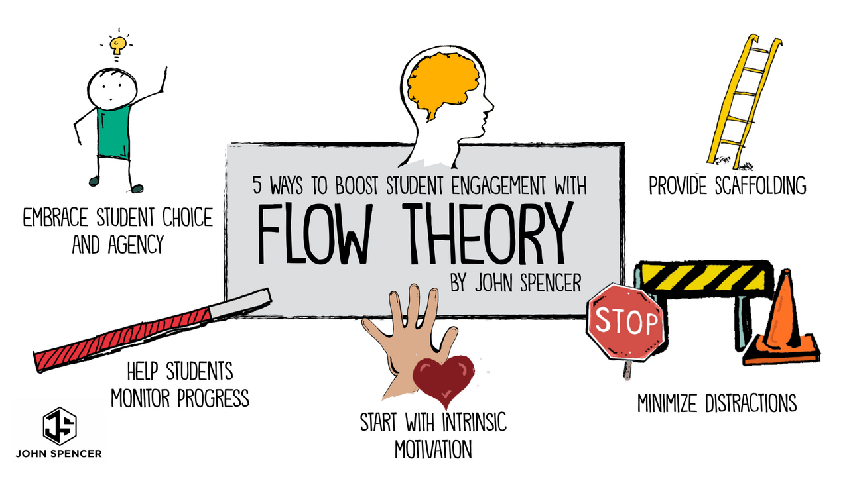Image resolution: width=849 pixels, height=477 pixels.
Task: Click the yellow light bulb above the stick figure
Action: [x=118, y=45]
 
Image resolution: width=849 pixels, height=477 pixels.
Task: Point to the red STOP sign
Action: [x=625, y=322]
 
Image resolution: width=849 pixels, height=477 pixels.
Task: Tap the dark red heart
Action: [x=443, y=377]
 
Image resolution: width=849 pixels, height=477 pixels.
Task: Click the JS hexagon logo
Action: [x=60, y=425]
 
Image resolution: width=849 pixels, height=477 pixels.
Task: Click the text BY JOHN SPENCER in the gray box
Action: [x=515, y=284]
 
